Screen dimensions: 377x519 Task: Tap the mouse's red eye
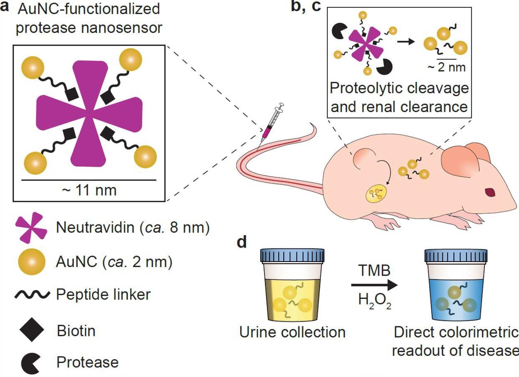pos(490,192)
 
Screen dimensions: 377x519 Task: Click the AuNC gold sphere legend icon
pos(32,262)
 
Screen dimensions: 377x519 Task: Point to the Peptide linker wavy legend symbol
pos(32,294)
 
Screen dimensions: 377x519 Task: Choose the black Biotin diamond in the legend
pos(32,330)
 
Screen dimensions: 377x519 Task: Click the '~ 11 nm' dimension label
pos(89,190)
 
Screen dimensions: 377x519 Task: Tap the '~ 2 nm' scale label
pos(447,67)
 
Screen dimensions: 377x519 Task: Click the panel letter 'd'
pos(242,242)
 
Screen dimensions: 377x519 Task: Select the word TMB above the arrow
pos(374,270)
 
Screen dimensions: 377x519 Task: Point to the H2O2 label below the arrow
pos(374,301)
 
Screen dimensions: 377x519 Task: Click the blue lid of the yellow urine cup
pos(292,256)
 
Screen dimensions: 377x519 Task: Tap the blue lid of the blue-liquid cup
pos(456,256)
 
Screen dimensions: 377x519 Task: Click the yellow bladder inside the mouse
pos(376,194)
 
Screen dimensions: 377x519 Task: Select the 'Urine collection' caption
pos(292,332)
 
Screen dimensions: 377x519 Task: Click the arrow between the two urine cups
pos(374,285)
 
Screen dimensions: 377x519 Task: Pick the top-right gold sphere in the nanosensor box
pos(130,60)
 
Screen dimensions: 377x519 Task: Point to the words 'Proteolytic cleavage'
pos(399,88)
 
